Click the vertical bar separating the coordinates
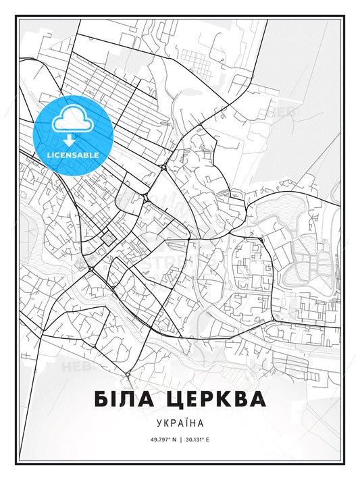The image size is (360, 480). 180,439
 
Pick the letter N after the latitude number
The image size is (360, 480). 174,439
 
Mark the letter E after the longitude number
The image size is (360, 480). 209,439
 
